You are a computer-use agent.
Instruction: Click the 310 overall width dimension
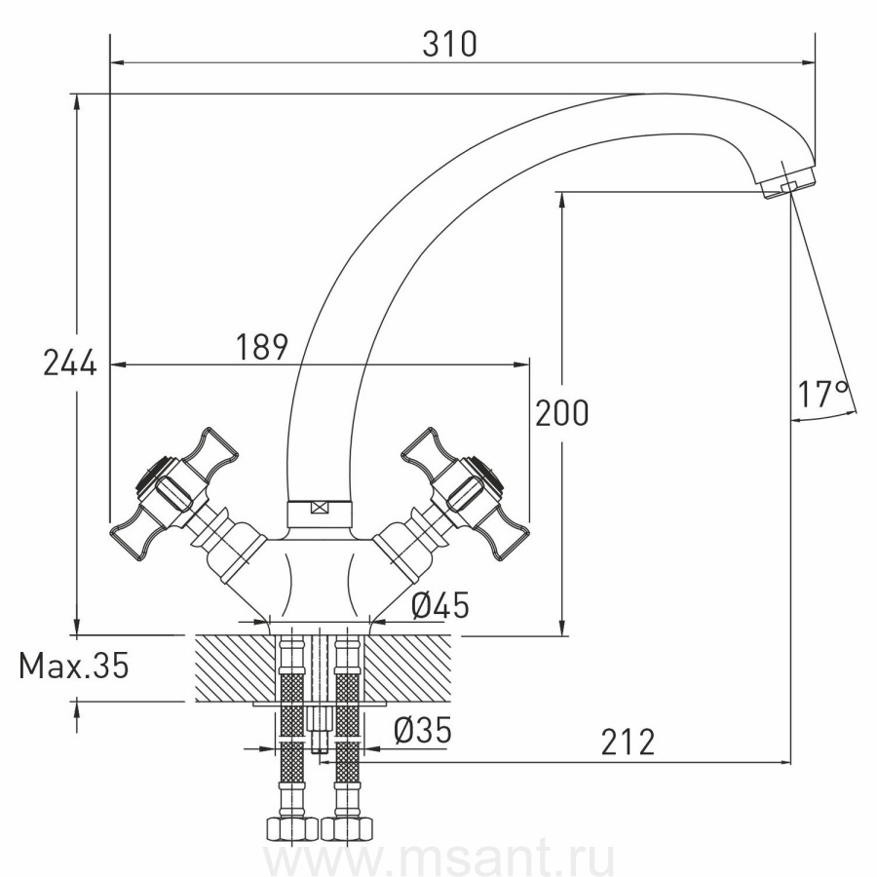449,44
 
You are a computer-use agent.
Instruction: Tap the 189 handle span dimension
261,347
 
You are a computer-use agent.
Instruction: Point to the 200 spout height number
562,413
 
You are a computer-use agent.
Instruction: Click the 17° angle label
822,394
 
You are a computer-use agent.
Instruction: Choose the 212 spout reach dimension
628,743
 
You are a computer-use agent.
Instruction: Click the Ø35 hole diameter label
422,730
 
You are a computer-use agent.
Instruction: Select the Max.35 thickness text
74,665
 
